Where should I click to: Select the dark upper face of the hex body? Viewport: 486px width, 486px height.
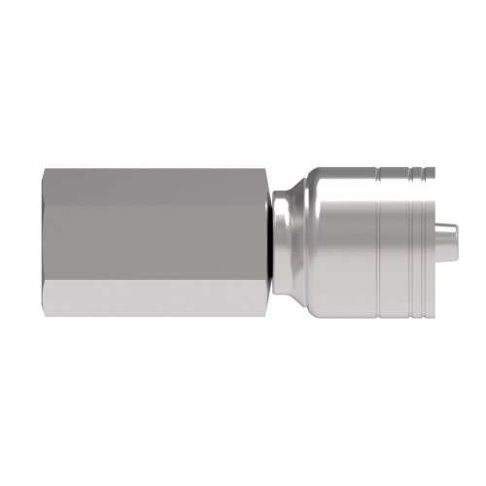pos(156,186)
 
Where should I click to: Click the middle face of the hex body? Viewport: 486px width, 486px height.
pos(156,241)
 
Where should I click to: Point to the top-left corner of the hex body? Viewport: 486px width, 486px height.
pos(45,169)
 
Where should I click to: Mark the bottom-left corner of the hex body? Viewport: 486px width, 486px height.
pos(45,315)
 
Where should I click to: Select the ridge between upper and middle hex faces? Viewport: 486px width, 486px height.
pos(156,205)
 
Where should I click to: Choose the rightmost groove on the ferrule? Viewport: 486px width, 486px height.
pos(419,241)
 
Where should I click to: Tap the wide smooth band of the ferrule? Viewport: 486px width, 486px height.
pos(340,241)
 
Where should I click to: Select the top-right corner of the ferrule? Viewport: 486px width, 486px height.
pos(425,169)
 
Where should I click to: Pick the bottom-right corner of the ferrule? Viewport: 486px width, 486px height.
pos(425,315)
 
